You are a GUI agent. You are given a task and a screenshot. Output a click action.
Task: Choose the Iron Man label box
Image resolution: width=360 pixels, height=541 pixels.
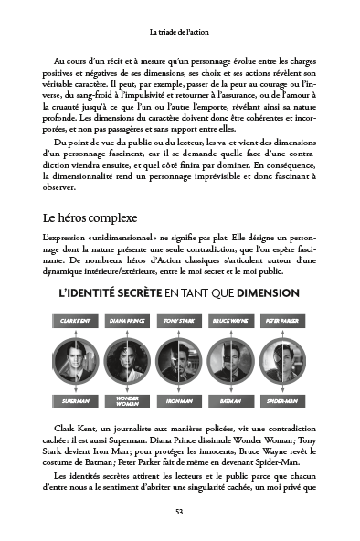(x=179, y=399)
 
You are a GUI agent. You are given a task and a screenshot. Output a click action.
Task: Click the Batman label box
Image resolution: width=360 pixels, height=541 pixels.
(x=229, y=399)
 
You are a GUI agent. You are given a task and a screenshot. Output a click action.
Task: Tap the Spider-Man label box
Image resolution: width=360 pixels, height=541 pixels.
(x=280, y=399)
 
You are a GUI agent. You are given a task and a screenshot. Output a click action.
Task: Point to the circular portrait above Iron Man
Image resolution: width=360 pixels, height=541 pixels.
(x=179, y=360)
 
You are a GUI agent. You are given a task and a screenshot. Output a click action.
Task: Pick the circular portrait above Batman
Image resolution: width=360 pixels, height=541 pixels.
(x=229, y=360)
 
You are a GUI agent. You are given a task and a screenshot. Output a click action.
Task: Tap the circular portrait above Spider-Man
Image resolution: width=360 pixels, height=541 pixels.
(x=280, y=360)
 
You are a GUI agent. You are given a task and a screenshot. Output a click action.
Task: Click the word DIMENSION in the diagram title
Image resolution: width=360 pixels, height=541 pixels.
(x=265, y=292)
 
